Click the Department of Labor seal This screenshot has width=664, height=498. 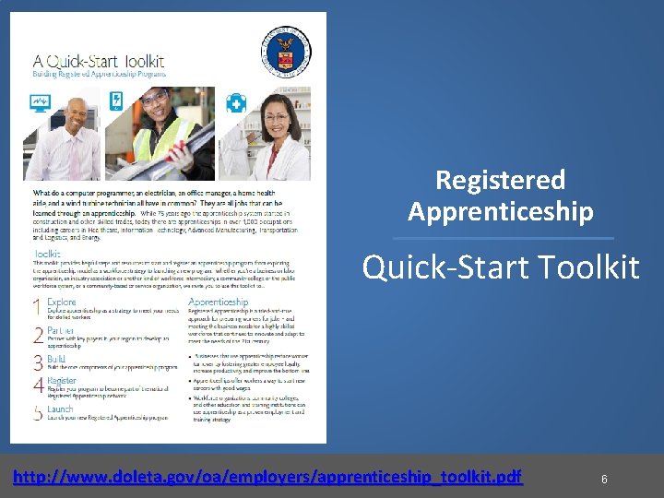tap(286, 42)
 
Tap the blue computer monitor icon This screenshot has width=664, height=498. tap(41, 101)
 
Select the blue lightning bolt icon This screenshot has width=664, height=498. tap(117, 101)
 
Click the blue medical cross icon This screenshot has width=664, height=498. tap(236, 101)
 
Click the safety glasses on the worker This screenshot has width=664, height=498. tap(156, 99)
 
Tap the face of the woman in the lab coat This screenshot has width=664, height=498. tap(277, 116)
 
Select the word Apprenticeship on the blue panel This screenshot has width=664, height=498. tap(500, 212)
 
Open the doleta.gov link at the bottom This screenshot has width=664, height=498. tap(267, 477)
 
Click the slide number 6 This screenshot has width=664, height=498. tap(604, 480)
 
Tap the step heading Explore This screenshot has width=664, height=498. tap(61, 302)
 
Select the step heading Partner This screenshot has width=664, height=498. tap(61, 329)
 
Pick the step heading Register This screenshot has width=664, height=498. tap(62, 380)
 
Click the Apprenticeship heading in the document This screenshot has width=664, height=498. tap(218, 302)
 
